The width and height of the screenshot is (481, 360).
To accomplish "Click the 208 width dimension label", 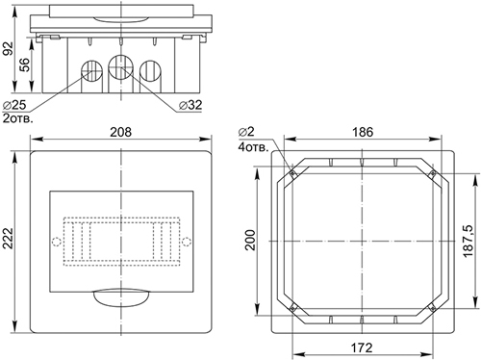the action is [120, 132].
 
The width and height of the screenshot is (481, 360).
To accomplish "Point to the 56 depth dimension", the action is [24, 64].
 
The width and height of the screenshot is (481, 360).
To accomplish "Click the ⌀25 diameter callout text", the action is [13, 105].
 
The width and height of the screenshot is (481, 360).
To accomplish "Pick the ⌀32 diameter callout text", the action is [190, 105].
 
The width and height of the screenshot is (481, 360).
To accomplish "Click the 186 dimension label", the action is [363, 132].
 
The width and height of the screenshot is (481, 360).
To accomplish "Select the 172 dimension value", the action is [362, 347].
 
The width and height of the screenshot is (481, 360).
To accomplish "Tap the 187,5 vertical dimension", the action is [468, 241].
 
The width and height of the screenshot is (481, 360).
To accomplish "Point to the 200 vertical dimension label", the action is [249, 240].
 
